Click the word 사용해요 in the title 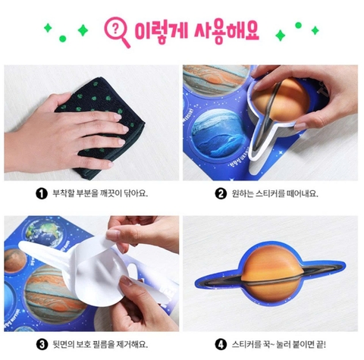tap(227, 33)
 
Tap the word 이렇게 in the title tap(162, 31)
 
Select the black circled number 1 tap(42, 194)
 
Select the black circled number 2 tap(221, 194)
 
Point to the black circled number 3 tap(42, 344)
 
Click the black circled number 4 tap(221, 344)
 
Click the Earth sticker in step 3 tap(45, 232)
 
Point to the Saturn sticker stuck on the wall tap(271, 274)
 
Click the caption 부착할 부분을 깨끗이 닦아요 tap(100, 194)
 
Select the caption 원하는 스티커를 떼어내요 tap(275, 194)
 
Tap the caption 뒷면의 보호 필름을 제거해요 tap(100, 344)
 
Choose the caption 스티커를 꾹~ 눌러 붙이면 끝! tap(279, 344)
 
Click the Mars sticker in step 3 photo tap(14, 261)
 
